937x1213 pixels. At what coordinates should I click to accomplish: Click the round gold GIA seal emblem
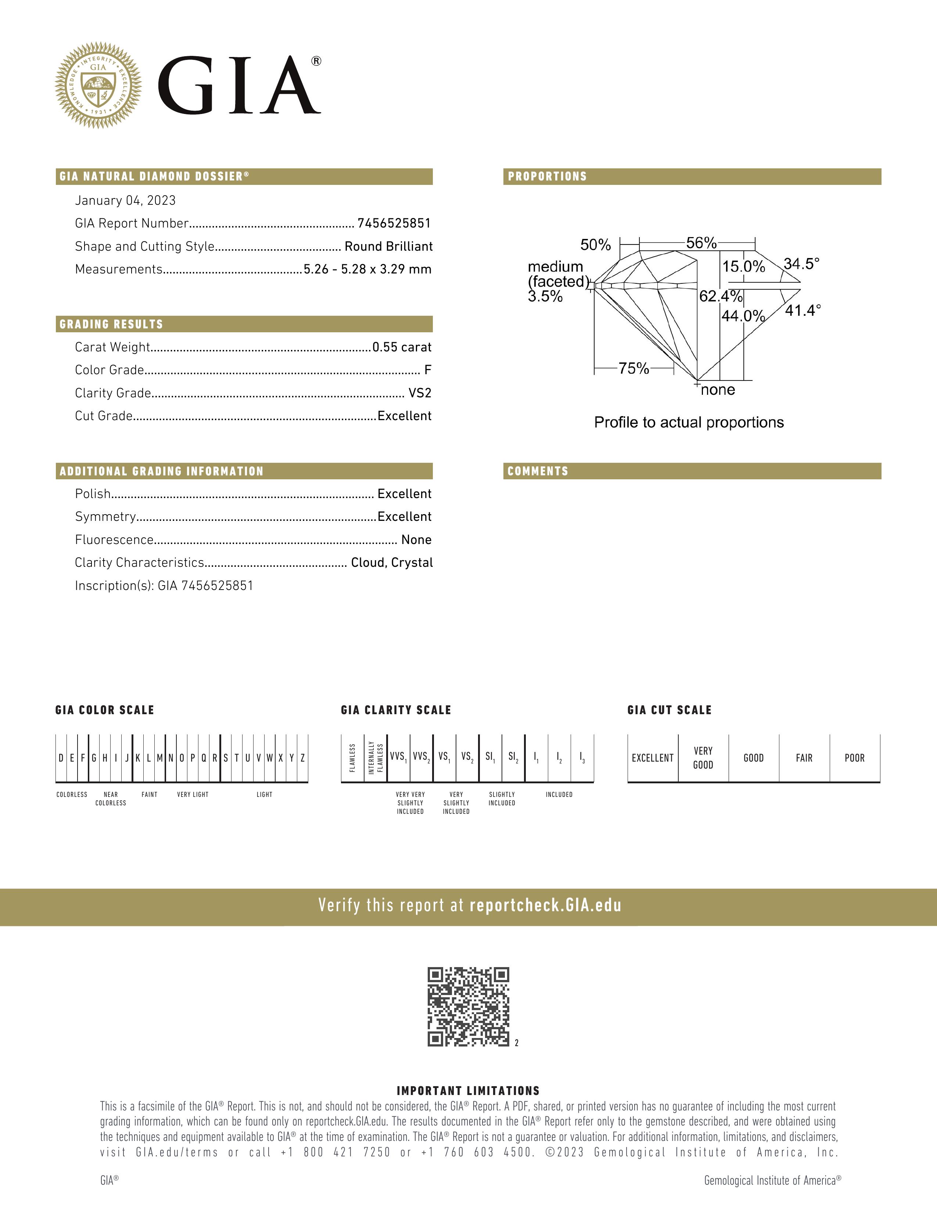pos(98,86)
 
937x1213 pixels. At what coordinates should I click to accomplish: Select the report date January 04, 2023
pos(125,200)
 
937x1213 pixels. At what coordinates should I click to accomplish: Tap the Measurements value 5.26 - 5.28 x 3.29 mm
pos(367,269)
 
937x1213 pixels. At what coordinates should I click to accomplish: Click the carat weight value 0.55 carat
pos(402,347)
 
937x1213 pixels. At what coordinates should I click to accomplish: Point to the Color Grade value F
pos(427,370)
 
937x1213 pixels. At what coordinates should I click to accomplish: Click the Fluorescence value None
pos(416,540)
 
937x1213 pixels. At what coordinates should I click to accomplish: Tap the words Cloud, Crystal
pos(392,563)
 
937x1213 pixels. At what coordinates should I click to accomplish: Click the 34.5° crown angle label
pos(801,264)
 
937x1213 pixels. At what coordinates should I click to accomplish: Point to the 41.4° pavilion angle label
pos(803,311)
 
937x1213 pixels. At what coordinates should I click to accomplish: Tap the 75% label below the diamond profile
pos(633,368)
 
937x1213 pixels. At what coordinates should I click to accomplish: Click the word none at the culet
pos(718,390)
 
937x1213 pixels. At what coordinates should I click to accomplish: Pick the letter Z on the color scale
pos(302,758)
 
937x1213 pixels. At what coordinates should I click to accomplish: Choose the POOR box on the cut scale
pos(854,758)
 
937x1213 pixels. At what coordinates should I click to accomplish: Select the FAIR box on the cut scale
pos(804,758)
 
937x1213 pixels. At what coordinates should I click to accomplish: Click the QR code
pos(468,1006)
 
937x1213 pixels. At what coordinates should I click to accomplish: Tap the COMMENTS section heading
pos(538,471)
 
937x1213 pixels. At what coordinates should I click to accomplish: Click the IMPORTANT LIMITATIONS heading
pos(468,1091)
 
